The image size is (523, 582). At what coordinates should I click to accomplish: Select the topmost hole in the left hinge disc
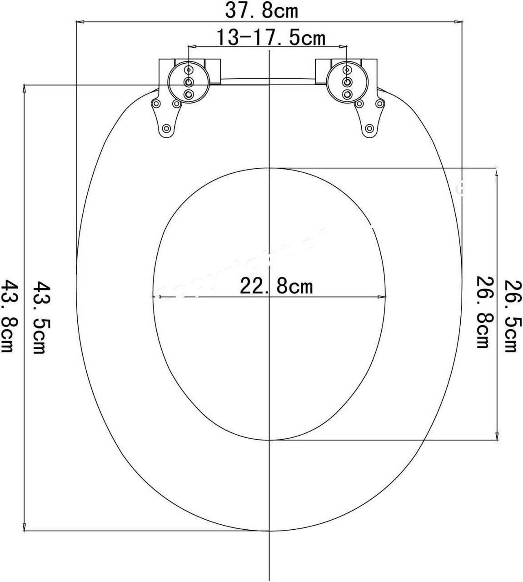pyautogui.click(x=189, y=70)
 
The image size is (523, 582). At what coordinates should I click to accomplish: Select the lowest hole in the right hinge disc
pyautogui.click(x=347, y=94)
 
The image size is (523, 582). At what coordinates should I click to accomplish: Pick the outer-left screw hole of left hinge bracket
pyautogui.click(x=156, y=104)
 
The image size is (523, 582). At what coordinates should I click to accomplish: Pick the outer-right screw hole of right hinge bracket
pyautogui.click(x=380, y=104)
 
